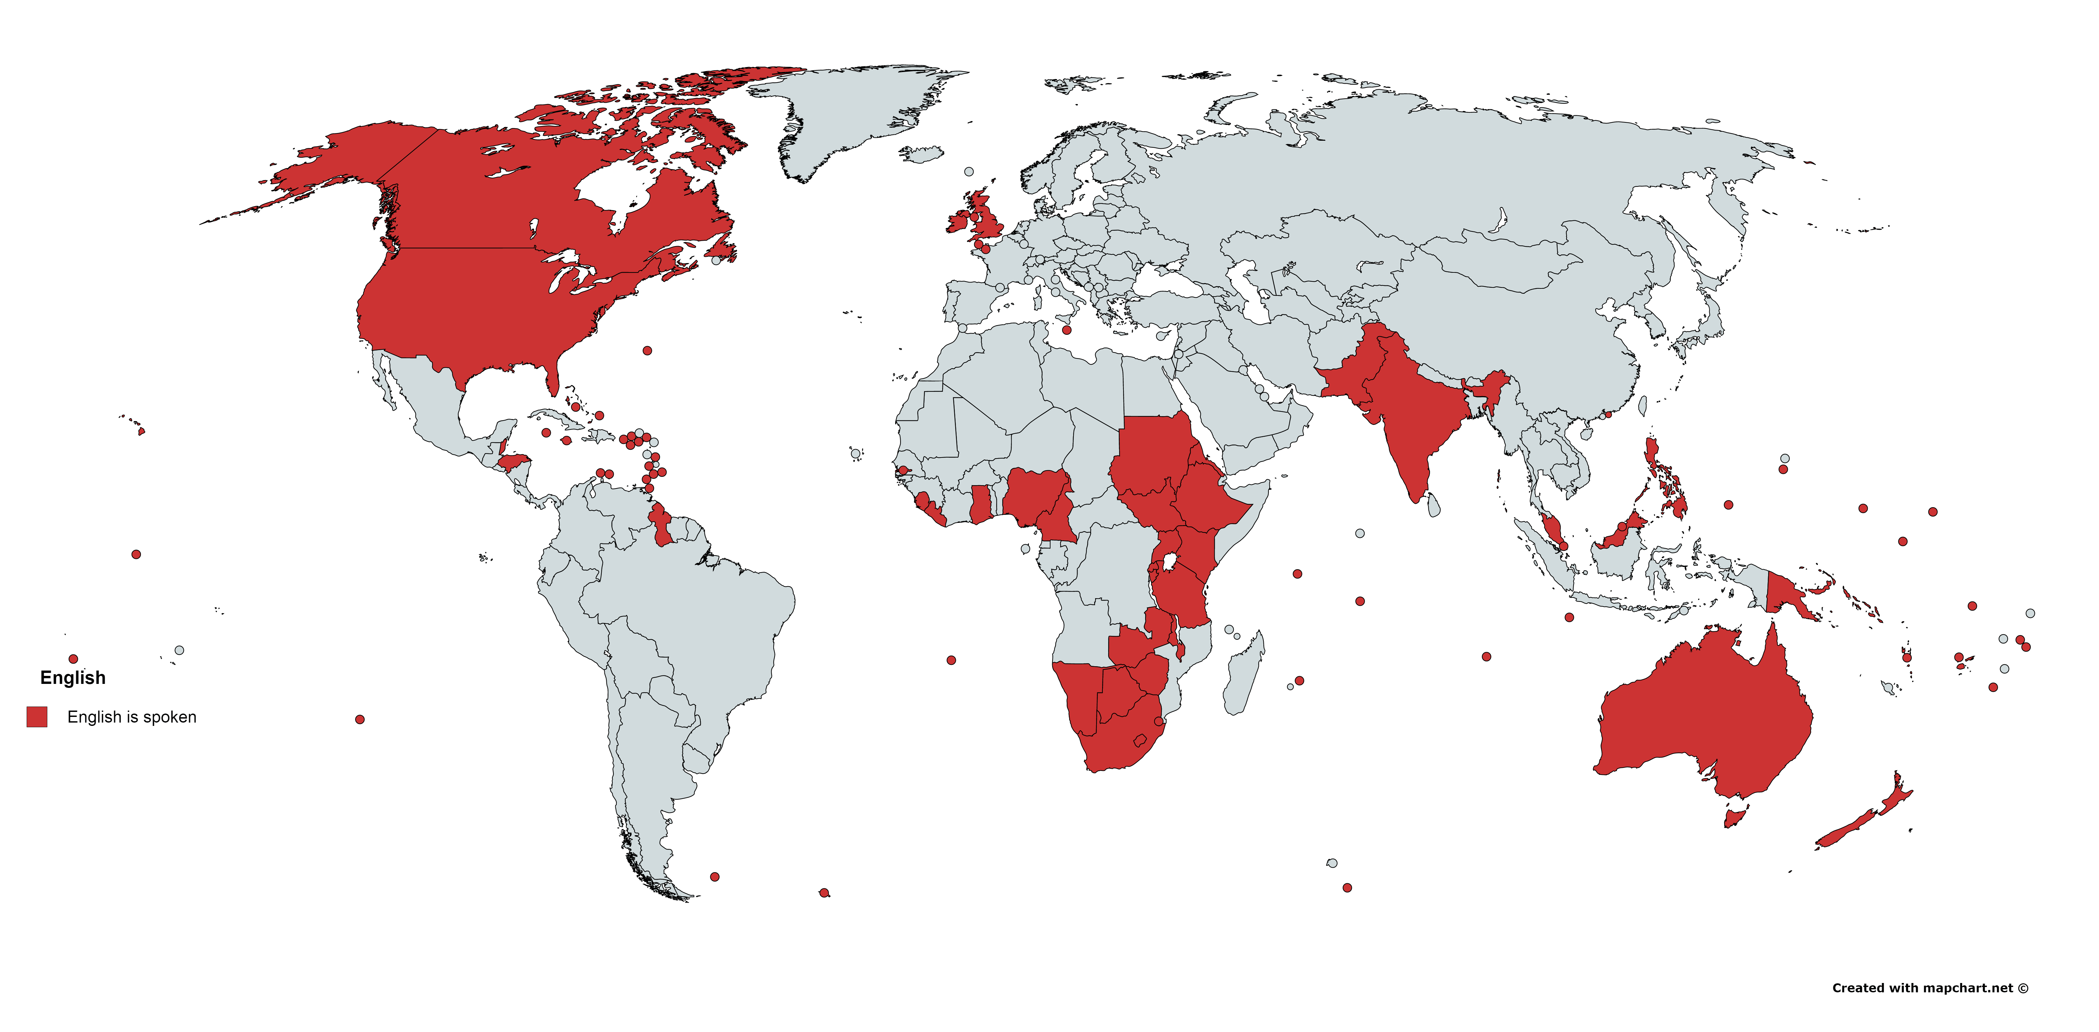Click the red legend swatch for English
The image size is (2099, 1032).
click(37, 717)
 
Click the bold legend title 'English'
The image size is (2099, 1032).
click(73, 678)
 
